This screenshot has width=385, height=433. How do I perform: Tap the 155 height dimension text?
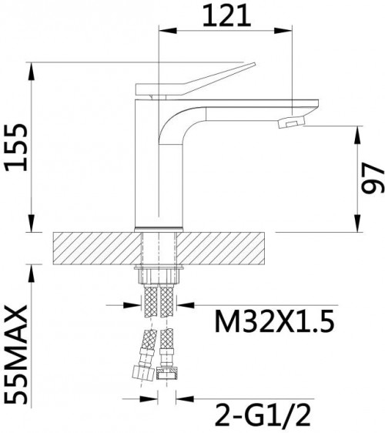(x=16, y=147)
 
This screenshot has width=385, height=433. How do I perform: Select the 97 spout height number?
(x=373, y=178)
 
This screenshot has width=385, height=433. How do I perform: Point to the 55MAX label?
(x=17, y=354)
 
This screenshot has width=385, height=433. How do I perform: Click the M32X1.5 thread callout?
(x=274, y=321)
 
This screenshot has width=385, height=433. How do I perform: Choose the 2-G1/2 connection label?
(x=263, y=415)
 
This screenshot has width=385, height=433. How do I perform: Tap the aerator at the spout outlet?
(x=291, y=122)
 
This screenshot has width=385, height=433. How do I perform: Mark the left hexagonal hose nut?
(x=143, y=373)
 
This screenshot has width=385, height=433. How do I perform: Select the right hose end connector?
(x=166, y=373)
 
